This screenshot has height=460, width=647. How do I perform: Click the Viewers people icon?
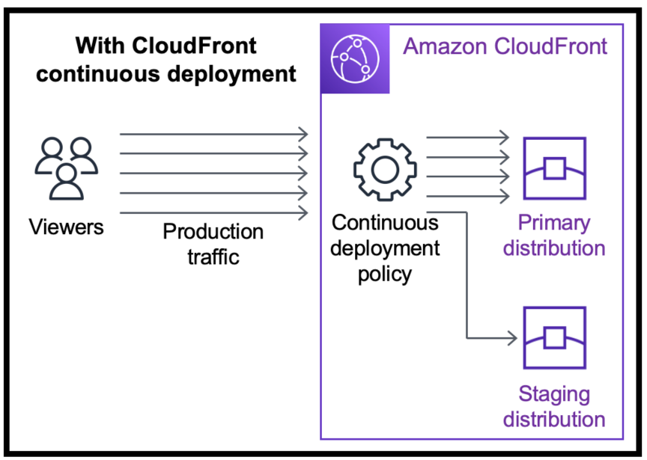(66, 168)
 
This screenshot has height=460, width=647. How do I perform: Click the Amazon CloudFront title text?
(505, 46)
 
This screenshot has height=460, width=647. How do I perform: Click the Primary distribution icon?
(554, 169)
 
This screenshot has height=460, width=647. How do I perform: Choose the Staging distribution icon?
(554, 338)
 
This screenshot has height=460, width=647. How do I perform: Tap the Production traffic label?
(213, 244)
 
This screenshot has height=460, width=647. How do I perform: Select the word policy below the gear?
(384, 273)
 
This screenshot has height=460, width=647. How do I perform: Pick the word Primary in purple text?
(554, 223)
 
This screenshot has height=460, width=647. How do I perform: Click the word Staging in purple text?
(554, 393)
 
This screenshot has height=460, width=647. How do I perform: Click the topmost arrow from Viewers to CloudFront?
(213, 135)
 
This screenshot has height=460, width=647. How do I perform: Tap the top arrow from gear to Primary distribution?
(467, 138)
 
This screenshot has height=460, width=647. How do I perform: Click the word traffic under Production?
(213, 257)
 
